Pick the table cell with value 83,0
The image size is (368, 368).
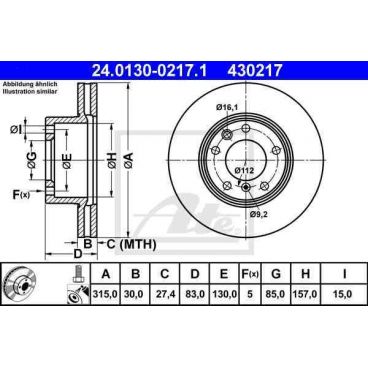click(197, 296)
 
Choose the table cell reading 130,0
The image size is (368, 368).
click(229, 296)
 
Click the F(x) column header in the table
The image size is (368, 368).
click(252, 273)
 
